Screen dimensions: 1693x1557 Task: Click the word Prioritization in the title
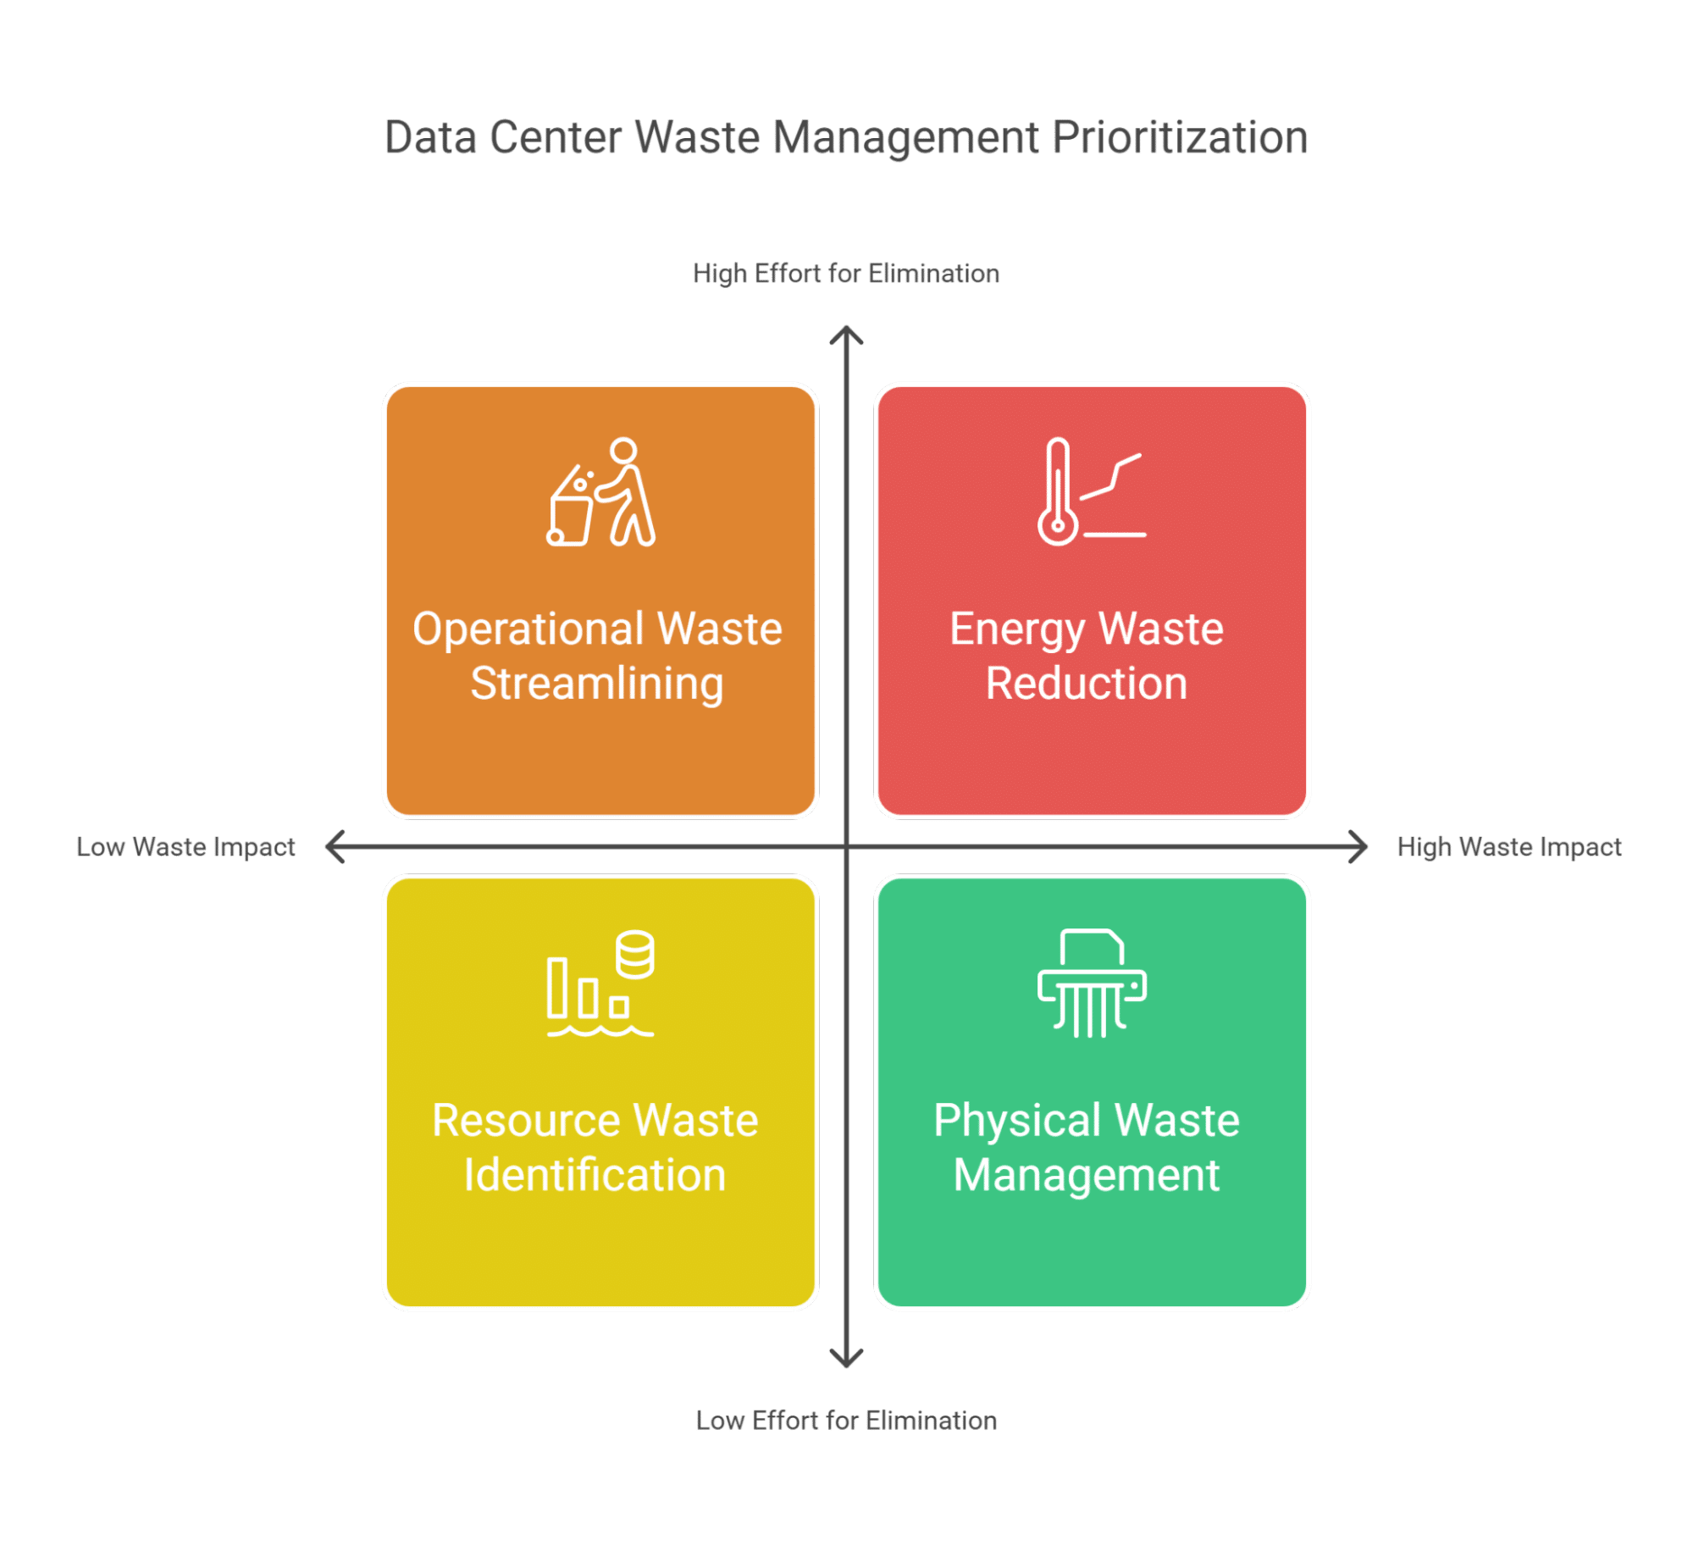(1179, 137)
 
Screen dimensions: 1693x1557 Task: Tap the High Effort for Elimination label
(846, 274)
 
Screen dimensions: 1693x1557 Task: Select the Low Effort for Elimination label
(846, 1421)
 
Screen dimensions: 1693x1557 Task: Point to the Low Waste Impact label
(185, 847)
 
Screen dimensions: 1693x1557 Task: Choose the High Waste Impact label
(1509, 847)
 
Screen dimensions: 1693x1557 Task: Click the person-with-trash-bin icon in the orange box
(600, 492)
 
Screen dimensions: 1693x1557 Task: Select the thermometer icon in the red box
(1059, 492)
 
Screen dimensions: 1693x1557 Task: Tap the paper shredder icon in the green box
(1092, 984)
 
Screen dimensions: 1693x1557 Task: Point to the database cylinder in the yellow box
(634, 954)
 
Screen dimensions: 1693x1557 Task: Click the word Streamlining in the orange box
(597, 684)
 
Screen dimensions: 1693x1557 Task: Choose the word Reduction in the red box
(1087, 684)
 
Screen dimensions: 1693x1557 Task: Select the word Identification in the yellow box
(595, 1175)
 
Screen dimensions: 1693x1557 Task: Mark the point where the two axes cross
(846, 846)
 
